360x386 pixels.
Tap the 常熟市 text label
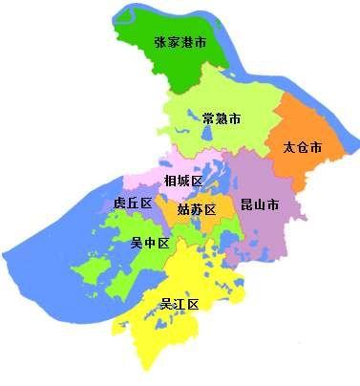click(221, 118)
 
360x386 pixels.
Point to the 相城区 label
click(182, 181)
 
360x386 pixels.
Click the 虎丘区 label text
click(133, 204)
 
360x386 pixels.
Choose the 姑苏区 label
click(198, 209)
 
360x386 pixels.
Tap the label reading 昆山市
click(260, 204)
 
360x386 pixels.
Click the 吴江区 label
click(179, 305)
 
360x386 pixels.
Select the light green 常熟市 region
click(239, 139)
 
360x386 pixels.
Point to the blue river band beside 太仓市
click(347, 143)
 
